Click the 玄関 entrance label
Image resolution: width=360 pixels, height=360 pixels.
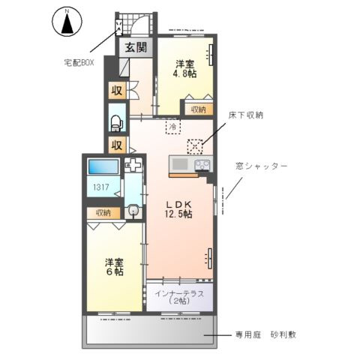click(137, 49)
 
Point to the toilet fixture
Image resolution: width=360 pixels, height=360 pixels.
click(117, 121)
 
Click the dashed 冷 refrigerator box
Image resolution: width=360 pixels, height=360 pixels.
click(173, 127)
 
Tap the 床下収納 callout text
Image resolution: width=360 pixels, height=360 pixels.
click(247, 115)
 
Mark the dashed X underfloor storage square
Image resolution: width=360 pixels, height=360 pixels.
click(196, 145)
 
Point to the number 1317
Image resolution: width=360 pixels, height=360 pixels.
click(100, 187)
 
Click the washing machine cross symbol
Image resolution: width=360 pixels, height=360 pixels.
click(133, 166)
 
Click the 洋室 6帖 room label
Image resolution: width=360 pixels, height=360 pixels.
click(114, 268)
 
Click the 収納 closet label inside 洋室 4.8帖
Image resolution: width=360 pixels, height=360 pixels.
click(197, 109)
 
